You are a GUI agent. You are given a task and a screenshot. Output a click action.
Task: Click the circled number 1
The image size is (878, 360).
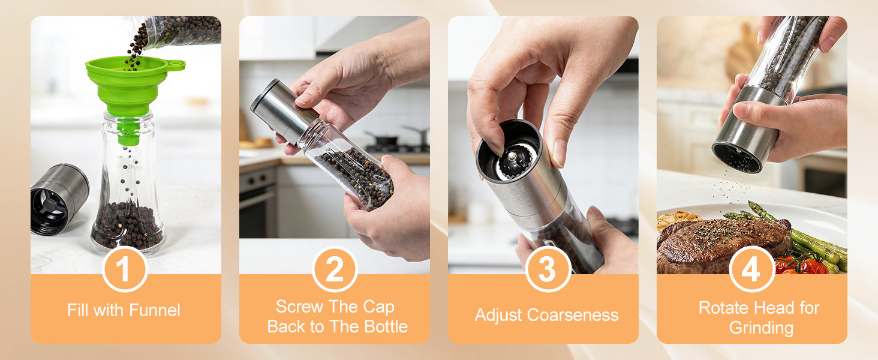click(x=124, y=269)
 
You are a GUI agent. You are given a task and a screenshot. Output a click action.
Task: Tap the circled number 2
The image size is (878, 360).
click(x=335, y=269)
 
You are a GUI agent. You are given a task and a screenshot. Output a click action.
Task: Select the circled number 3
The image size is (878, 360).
click(x=546, y=269)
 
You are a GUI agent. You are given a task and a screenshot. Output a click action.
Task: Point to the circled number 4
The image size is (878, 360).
click(x=751, y=269)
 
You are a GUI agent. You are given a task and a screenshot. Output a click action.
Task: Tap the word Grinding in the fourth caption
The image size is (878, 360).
click(x=760, y=328)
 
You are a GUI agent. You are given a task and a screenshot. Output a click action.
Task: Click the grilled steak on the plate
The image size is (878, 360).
click(x=720, y=243)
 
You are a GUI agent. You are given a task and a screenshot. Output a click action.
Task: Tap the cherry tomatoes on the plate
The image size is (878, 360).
click(x=801, y=265)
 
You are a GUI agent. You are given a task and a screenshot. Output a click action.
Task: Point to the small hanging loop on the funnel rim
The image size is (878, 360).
click(x=175, y=64)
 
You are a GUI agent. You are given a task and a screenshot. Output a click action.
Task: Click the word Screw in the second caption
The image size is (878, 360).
click(x=299, y=307)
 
